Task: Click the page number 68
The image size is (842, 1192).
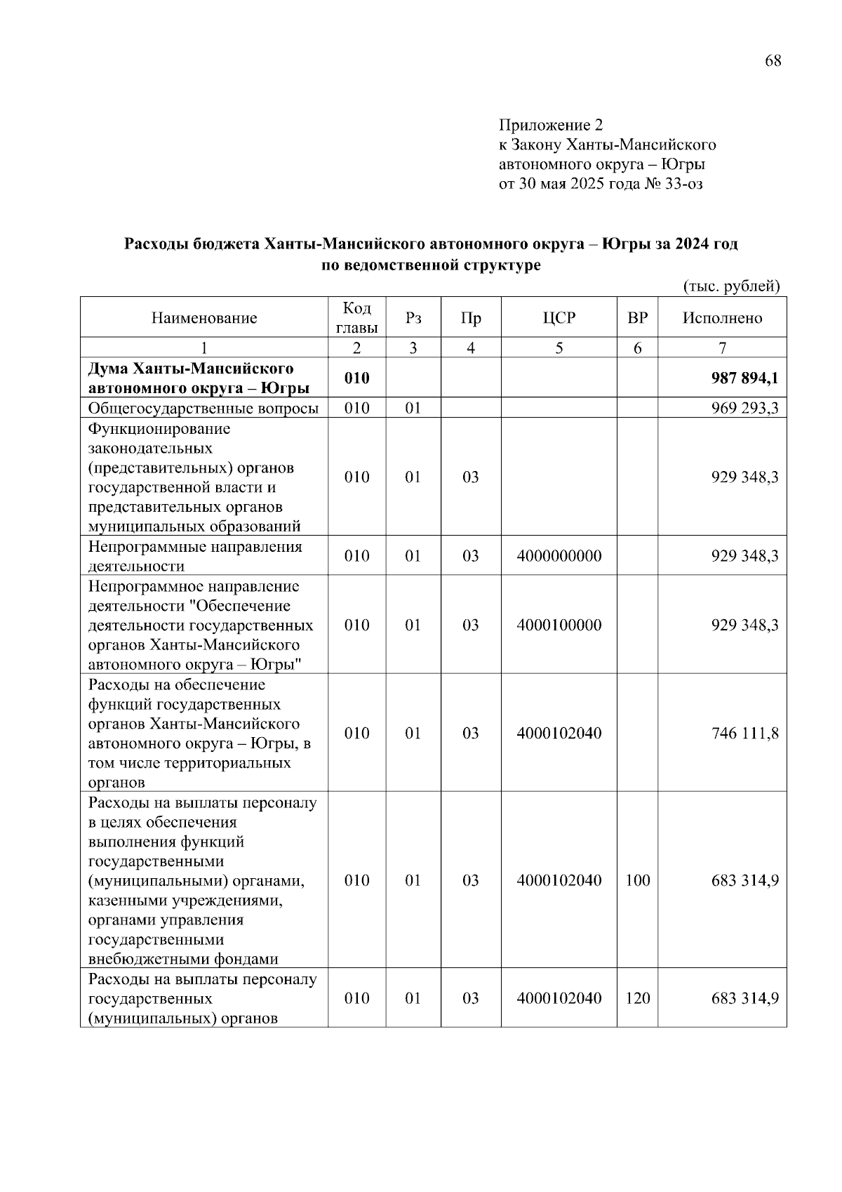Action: click(773, 61)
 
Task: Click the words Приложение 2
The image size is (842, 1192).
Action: click(550, 125)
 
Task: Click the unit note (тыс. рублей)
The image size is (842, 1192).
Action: click(731, 286)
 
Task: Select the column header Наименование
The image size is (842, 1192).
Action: click(204, 318)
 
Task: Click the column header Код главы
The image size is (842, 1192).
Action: click(356, 318)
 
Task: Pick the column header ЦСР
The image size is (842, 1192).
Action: click(559, 318)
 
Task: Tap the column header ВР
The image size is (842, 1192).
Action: click(637, 318)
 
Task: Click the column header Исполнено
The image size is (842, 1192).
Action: click(722, 318)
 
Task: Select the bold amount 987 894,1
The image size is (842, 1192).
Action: click(744, 378)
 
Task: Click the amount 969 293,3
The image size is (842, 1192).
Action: click(744, 408)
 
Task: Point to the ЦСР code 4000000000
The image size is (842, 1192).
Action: click(559, 556)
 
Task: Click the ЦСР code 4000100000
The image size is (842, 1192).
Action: click(559, 625)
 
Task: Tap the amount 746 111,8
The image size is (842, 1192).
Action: click(744, 734)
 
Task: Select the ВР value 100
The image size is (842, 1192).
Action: click(637, 880)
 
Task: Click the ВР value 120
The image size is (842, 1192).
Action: click(637, 998)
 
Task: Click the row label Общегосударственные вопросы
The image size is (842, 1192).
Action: click(203, 408)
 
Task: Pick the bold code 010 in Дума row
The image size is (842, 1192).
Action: click(356, 378)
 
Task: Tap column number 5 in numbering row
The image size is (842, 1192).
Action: click(559, 347)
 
